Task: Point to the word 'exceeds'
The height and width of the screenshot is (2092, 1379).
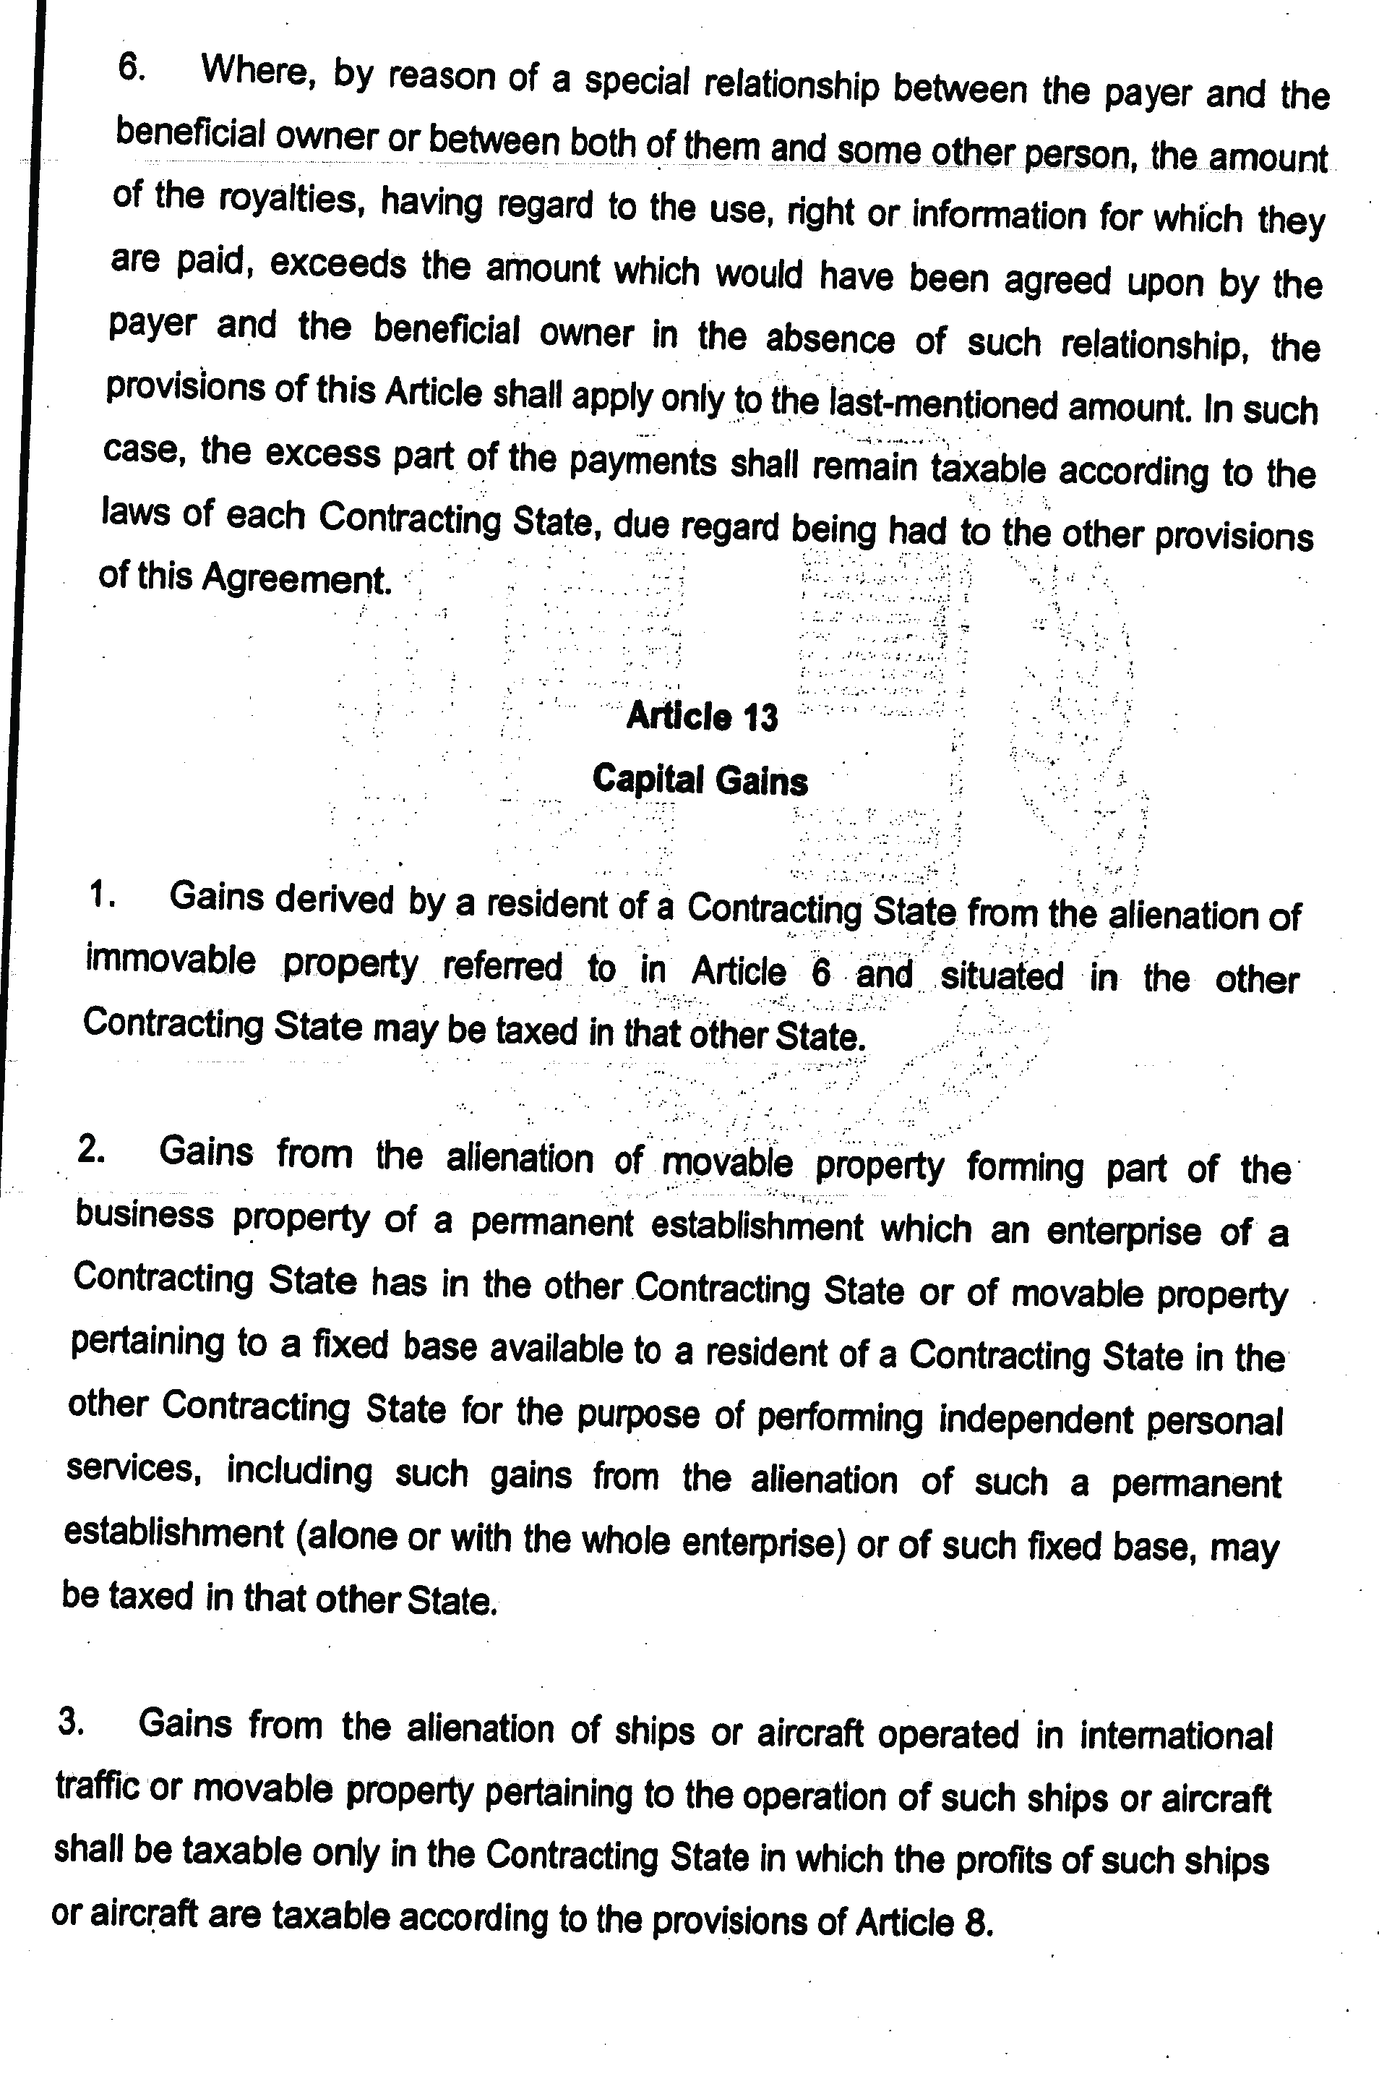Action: (x=338, y=264)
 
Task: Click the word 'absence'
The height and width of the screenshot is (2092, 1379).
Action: (x=829, y=338)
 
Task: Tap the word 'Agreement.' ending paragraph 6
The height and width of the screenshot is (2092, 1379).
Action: (x=296, y=578)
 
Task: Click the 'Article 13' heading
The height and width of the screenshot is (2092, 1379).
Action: (x=702, y=717)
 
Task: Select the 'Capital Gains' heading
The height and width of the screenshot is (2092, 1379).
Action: (x=700, y=780)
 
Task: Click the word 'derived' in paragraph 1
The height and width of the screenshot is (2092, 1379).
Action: (x=334, y=900)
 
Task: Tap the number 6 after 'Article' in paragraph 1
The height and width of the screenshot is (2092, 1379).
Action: (x=820, y=973)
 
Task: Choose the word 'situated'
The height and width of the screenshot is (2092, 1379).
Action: (x=1002, y=976)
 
